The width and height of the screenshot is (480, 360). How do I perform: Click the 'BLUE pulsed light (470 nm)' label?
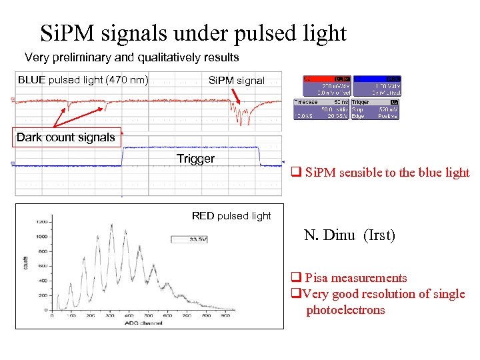pyautogui.click(x=83, y=79)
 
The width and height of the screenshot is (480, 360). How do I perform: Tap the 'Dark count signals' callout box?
pyautogui.click(x=65, y=137)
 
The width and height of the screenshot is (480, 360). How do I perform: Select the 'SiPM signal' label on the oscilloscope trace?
pyautogui.click(x=236, y=80)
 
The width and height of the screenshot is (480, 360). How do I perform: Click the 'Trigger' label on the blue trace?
pyautogui.click(x=195, y=159)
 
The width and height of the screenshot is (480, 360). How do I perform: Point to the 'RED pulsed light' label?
pyautogui.click(x=231, y=215)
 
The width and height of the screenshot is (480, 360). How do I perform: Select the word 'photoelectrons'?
pyautogui.click(x=345, y=310)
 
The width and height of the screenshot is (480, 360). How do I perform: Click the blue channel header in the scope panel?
pyautogui.click(x=377, y=78)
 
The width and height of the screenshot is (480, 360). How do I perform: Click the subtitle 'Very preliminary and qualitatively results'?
pyautogui.click(x=131, y=57)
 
